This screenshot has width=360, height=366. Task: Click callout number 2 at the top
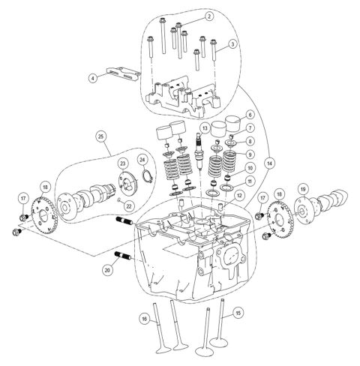pos(209,16)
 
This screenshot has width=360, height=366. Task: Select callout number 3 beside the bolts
pos(232,44)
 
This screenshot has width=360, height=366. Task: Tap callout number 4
pos(93,78)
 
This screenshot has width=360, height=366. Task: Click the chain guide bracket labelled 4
pos(123,73)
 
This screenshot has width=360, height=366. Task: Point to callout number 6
pos(250,115)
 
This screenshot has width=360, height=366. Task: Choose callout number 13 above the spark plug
pos(205,128)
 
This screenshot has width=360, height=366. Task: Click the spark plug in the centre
pos(200,151)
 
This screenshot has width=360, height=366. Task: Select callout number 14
pos(269,163)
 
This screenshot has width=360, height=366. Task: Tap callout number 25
pos(100,136)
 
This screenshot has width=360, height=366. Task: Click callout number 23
pos(123,163)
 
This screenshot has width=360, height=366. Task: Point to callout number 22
pos(128,206)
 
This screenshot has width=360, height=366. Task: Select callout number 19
pos(303,190)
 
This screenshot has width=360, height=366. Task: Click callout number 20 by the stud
pos(107,270)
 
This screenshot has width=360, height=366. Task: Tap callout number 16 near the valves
pos(144,319)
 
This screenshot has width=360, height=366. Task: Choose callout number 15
pos(238,313)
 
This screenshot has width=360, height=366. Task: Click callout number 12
pos(239,196)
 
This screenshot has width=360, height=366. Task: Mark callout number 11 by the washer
pos(249,181)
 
